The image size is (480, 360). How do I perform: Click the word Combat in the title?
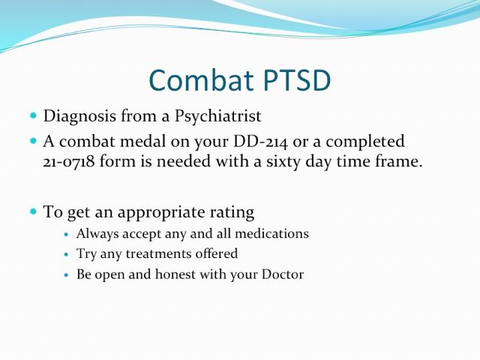coord(201,80)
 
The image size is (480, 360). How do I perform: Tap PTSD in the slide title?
coord(297,80)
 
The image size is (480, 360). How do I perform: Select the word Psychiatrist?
coord(217,117)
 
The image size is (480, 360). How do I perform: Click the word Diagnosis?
coord(79,117)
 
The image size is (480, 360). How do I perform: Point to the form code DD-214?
coord(260,142)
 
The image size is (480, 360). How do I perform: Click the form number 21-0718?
coord(68,162)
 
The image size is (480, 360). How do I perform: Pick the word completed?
coord(365,142)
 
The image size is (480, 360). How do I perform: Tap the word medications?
coord(271,234)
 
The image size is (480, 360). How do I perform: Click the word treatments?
coord(158,253)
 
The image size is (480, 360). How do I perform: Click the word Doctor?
coord(283,274)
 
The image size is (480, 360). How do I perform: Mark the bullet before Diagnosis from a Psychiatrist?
coord(33,115)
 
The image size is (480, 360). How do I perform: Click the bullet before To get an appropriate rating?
coord(33,211)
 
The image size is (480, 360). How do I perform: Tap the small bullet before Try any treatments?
coord(67,255)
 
